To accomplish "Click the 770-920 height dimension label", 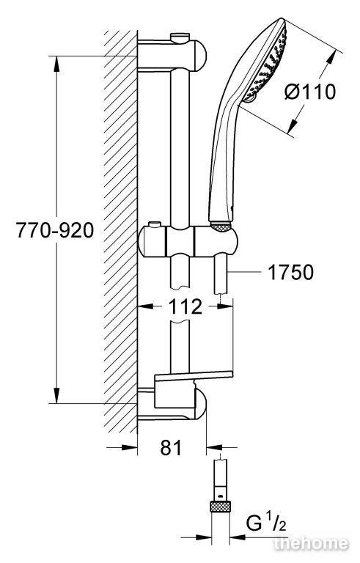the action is click(x=54, y=230).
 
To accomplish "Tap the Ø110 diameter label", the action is click(x=309, y=92).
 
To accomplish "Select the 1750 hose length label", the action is click(x=290, y=272).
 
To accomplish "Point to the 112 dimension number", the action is click(x=185, y=306).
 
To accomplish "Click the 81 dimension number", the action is click(x=171, y=447).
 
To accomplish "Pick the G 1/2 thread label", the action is click(x=266, y=523).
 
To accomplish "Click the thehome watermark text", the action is click(x=311, y=543).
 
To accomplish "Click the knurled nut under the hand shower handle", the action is click(x=220, y=226).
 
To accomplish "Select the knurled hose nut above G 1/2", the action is click(x=220, y=507).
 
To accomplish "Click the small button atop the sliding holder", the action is click(x=155, y=225).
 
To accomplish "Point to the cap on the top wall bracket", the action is click(x=180, y=37).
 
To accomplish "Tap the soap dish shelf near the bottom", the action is click(x=194, y=375).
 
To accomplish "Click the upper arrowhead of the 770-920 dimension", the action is click(x=56, y=65).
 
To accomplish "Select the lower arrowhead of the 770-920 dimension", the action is click(x=56, y=394).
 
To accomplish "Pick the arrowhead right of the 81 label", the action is click(x=215, y=447).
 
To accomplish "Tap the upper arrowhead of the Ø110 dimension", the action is click(x=330, y=58).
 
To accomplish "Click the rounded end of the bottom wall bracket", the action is click(x=201, y=405).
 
